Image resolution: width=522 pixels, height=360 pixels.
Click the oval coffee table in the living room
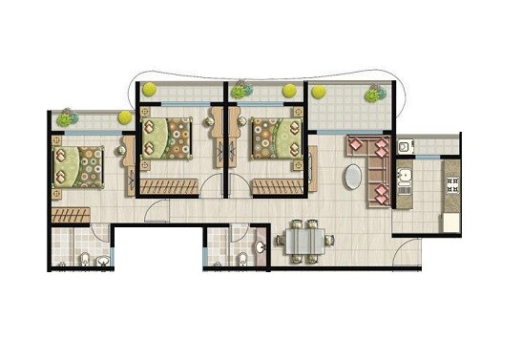click(354, 179)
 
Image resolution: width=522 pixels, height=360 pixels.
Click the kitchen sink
click(405, 178)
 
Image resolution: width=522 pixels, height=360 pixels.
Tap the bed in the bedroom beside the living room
click(273, 139)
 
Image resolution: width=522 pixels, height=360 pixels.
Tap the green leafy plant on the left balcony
click(66, 118)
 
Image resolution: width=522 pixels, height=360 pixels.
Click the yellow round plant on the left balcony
click(124, 117)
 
